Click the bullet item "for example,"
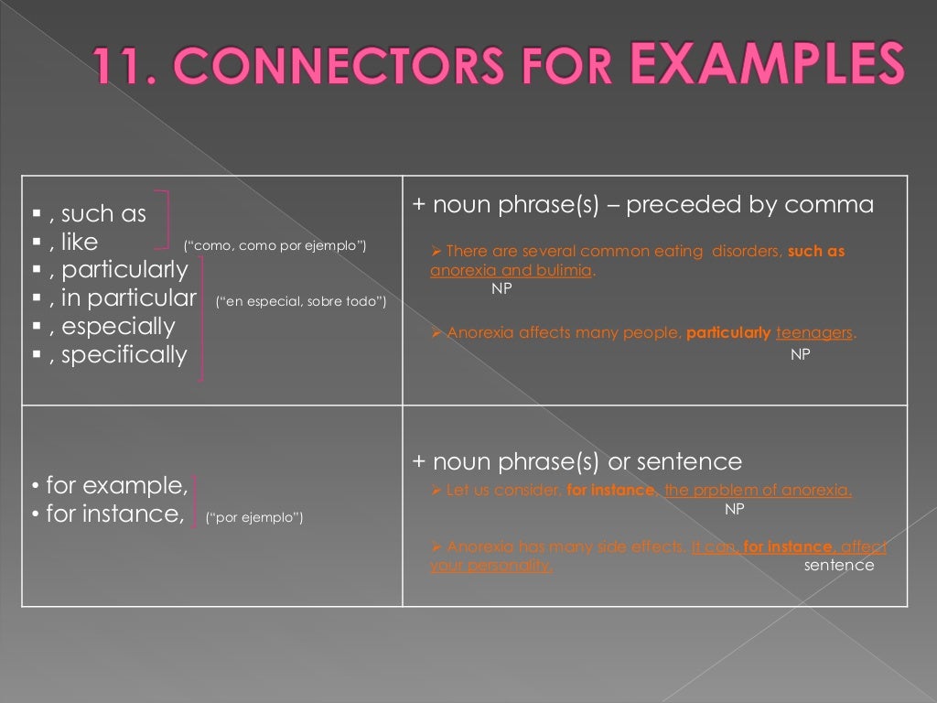(116, 485)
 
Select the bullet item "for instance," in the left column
(114, 514)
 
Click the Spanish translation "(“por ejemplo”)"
(254, 517)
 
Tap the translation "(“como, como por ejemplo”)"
(275, 245)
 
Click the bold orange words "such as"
(816, 251)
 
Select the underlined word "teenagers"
(814, 333)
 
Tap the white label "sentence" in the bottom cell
(839, 565)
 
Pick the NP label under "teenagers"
(800, 354)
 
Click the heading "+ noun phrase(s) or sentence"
(577, 461)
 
